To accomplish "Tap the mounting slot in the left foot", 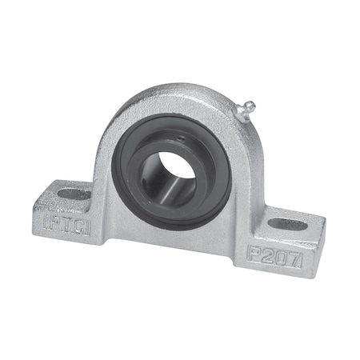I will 74,194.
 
